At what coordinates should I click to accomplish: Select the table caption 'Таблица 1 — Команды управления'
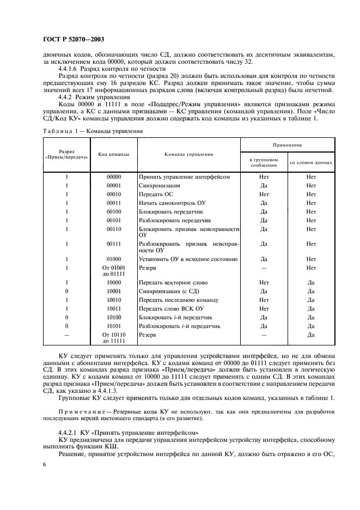click(x=91, y=131)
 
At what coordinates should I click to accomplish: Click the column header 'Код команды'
click(x=114, y=154)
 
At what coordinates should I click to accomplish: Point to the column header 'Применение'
click(x=288, y=145)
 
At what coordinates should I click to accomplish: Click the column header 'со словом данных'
click(x=311, y=162)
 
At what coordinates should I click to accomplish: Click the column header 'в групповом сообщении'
click(x=264, y=162)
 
